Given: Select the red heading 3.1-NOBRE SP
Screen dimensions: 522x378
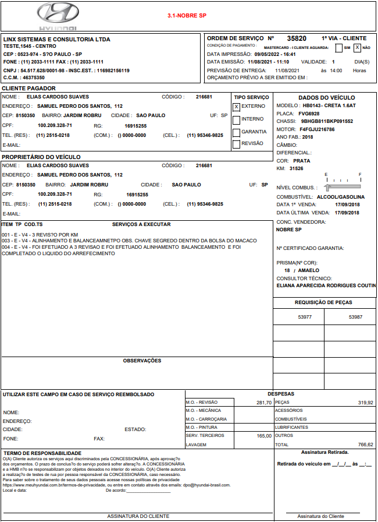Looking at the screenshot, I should (x=187, y=16).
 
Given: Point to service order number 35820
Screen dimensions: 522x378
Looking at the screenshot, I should (x=297, y=38).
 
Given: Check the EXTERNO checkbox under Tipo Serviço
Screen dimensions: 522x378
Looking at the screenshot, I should (x=236, y=107).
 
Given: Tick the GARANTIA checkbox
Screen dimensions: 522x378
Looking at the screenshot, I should (x=236, y=132).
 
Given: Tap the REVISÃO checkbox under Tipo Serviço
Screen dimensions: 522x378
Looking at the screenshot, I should (x=236, y=144).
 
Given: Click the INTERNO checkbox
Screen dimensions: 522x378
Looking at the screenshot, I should (x=236, y=119).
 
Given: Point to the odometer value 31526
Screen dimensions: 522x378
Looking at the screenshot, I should (x=296, y=168).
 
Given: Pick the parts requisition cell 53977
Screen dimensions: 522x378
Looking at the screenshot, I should (x=305, y=317).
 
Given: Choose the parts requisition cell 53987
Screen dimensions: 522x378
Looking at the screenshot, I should (x=355, y=317).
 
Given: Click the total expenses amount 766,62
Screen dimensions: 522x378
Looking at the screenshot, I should (x=366, y=445).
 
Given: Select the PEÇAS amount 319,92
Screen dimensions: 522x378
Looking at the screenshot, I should (x=366, y=403).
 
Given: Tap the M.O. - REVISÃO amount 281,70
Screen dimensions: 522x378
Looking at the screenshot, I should (x=264, y=403).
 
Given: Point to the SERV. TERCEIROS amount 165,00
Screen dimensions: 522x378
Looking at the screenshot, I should (x=264, y=436).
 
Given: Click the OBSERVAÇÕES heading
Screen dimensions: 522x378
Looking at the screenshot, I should (x=142, y=361).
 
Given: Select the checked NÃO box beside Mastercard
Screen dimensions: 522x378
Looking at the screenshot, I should (x=358, y=48).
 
